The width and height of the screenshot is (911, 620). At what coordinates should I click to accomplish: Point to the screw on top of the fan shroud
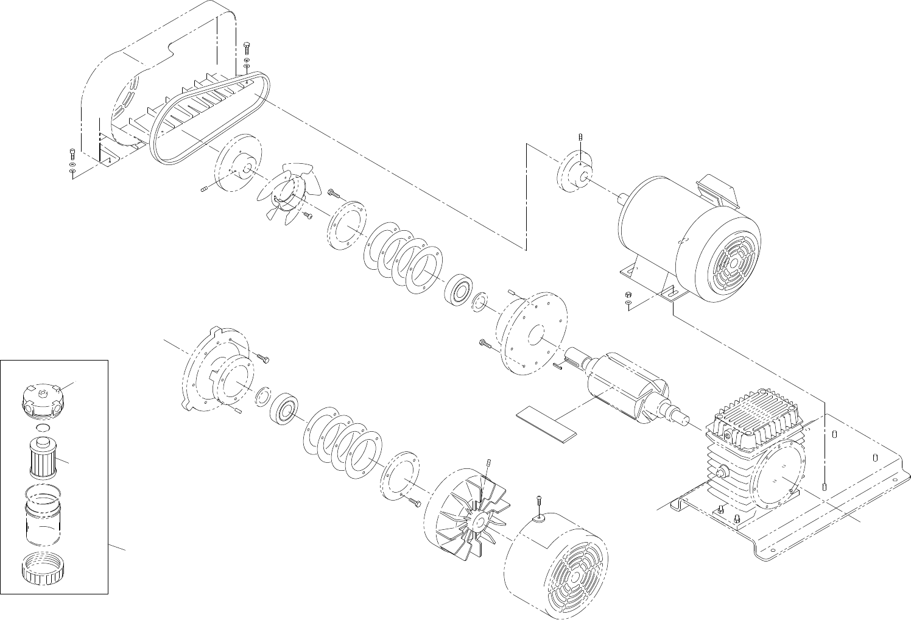[540, 503]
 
